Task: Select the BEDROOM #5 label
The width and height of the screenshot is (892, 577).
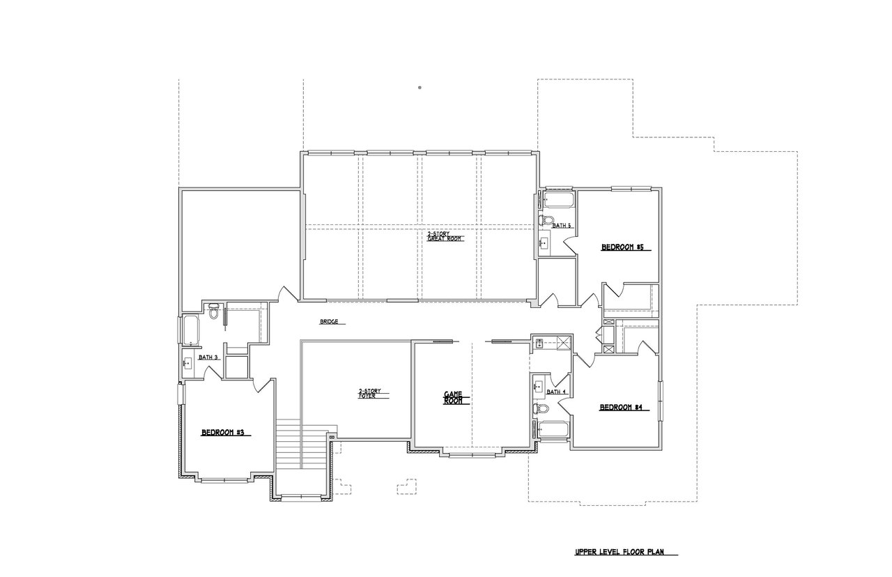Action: [x=622, y=247]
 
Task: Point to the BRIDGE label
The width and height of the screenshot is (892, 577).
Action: [x=329, y=322]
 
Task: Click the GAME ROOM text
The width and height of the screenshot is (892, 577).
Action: [x=454, y=397]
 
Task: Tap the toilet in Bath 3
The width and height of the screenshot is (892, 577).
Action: [x=215, y=313]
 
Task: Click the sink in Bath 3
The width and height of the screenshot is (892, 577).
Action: [x=187, y=363]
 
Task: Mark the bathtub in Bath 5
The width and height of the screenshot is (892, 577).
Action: [x=557, y=201]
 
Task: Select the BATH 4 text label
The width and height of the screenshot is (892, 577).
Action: [x=556, y=392]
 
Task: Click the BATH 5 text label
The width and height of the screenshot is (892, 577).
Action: [x=562, y=225]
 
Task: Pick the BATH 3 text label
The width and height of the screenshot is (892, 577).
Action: [x=208, y=357]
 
